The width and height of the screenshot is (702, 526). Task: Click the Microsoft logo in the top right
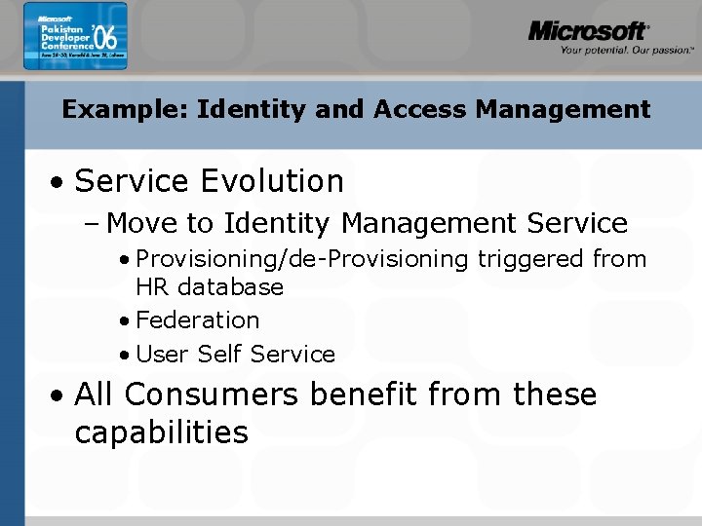(588, 31)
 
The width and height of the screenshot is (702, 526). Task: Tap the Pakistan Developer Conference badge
(75, 43)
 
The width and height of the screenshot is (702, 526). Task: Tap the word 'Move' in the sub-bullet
(143, 223)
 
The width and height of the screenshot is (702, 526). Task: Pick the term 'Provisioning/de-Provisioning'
(302, 259)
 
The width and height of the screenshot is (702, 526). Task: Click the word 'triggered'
(529, 259)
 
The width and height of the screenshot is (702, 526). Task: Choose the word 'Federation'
(198, 320)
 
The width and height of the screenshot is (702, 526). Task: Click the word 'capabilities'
(161, 432)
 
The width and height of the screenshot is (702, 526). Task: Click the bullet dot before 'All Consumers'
(59, 396)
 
